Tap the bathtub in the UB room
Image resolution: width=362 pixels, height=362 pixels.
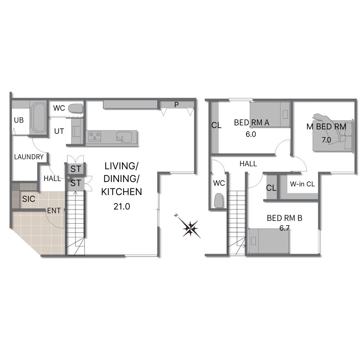(38, 117)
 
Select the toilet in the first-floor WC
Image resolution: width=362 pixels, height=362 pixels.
(75, 108)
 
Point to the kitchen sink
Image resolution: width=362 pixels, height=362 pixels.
(124, 137)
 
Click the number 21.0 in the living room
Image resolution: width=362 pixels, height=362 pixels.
(122, 206)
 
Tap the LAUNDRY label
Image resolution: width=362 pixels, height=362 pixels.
(29, 157)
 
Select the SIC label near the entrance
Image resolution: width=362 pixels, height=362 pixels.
(28, 199)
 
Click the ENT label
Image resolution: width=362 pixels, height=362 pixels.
(54, 210)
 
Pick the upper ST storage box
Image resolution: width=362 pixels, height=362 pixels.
(76, 169)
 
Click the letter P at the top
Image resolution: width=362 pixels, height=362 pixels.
(176, 105)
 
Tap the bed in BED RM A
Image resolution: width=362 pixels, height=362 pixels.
(269, 114)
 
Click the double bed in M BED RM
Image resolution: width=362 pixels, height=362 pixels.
(333, 135)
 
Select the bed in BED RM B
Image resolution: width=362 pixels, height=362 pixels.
(269, 241)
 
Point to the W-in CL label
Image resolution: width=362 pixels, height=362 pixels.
(302, 184)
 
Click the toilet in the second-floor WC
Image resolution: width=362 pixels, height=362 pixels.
(219, 200)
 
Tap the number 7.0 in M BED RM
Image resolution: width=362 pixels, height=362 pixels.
(326, 140)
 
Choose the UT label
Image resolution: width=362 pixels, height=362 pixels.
(59, 131)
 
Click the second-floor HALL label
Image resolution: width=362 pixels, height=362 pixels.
(248, 164)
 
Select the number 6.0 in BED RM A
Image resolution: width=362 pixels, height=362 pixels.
(251, 134)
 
